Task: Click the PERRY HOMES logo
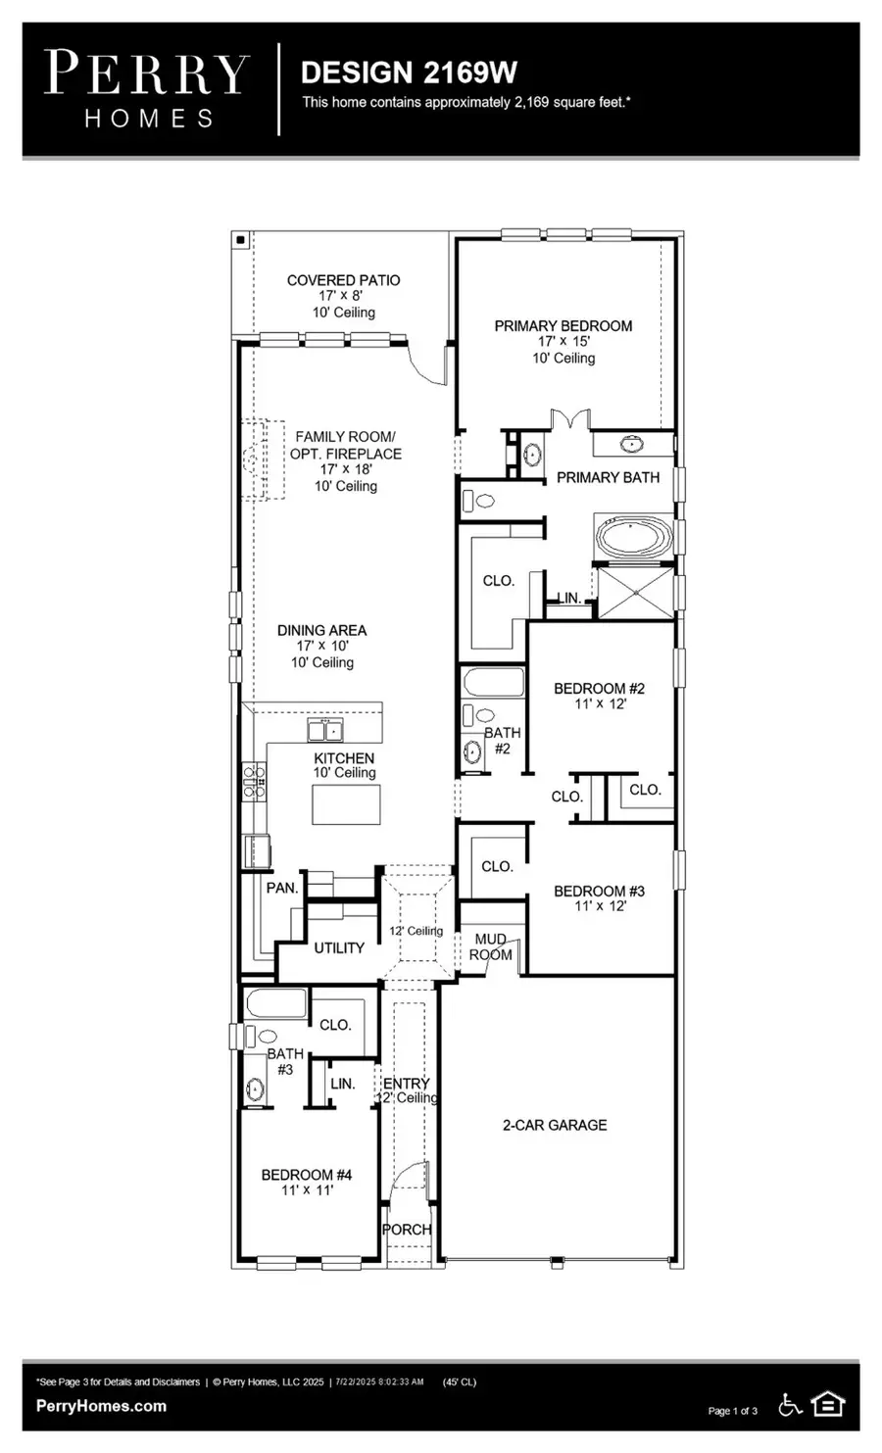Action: coord(148,89)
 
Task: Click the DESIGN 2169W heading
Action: coord(408,73)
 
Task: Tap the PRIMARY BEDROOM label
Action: coord(563,325)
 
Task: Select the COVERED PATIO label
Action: coord(343,280)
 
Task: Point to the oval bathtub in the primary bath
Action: coord(634,537)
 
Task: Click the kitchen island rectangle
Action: coord(346,804)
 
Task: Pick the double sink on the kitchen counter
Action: coord(325,730)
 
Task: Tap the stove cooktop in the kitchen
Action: coord(254,781)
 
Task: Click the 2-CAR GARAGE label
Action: coord(555,1125)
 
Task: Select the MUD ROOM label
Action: coord(490,946)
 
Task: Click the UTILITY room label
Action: coord(339,947)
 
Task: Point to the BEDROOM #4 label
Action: coord(306,1174)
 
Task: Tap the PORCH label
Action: coord(407,1229)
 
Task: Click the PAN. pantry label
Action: coord(282,887)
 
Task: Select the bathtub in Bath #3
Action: coord(276,1003)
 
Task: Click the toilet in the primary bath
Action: coord(477,501)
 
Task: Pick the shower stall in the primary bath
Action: coord(634,592)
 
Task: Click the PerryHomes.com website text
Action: coord(101,1405)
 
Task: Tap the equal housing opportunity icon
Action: coord(828,1405)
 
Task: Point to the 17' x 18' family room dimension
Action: coord(345,469)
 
